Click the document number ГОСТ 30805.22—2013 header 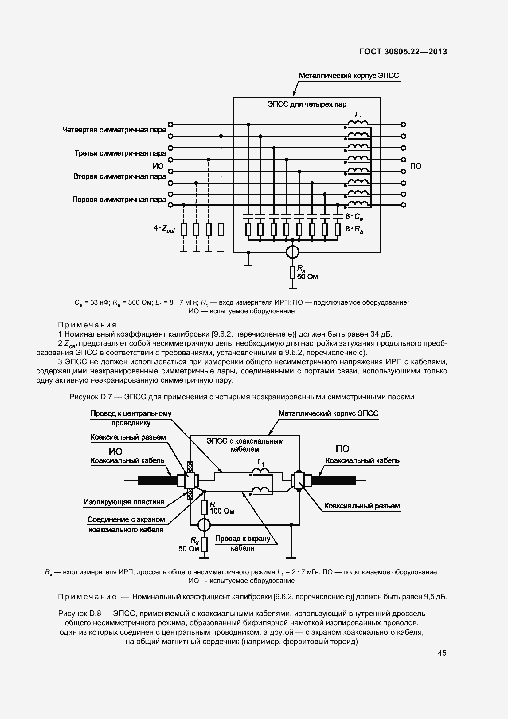[403, 52]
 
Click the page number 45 [442, 653]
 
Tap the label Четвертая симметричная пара [114, 130]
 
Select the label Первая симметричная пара [119, 200]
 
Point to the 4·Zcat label [164, 229]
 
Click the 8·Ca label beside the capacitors [354, 217]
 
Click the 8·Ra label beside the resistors [354, 229]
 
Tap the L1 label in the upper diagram [358, 116]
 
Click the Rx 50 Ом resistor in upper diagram [292, 272]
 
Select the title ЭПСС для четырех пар [307, 104]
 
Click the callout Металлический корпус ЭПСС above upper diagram [349, 76]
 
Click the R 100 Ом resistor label [221, 508]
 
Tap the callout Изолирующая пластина [123, 502]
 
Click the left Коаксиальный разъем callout [128, 437]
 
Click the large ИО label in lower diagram [115, 451]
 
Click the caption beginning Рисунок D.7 [241, 397]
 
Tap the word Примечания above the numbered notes [87, 325]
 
